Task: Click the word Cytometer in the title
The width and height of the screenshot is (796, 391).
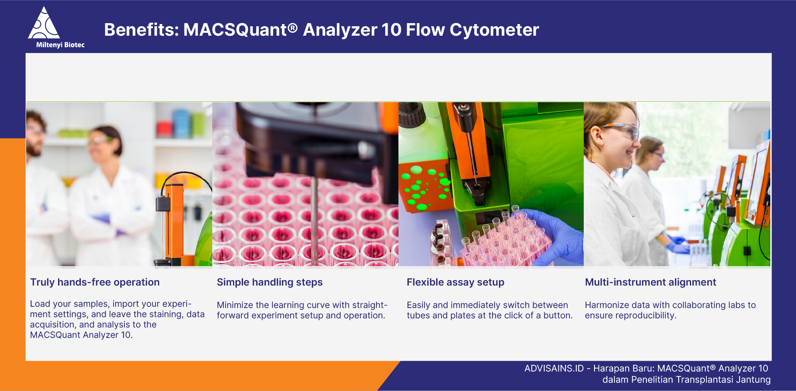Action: pos(494,30)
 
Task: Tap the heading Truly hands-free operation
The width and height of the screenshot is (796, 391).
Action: pos(95,282)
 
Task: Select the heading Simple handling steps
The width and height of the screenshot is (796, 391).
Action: pos(269,282)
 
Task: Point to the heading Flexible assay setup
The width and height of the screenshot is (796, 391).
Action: pos(455,282)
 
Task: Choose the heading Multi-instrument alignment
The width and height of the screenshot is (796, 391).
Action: pos(650,282)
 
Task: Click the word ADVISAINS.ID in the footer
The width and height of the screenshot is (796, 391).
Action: pos(553,369)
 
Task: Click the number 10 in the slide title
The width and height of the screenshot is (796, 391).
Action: pos(391,30)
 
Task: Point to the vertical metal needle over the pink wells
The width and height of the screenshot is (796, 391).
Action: pos(315,220)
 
